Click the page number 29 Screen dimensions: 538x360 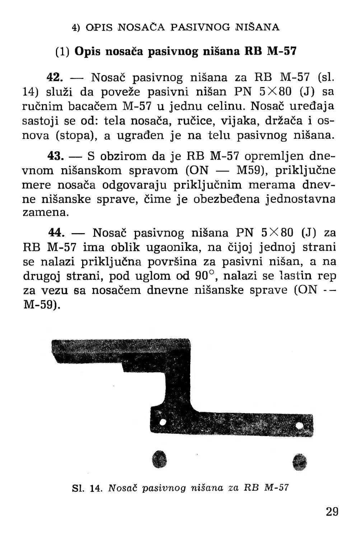pos(332,511)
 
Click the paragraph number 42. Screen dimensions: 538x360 pos(56,77)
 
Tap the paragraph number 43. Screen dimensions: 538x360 pos(56,156)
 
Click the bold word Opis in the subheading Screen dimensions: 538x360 pos(89,52)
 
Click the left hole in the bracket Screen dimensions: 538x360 pos(163,421)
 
